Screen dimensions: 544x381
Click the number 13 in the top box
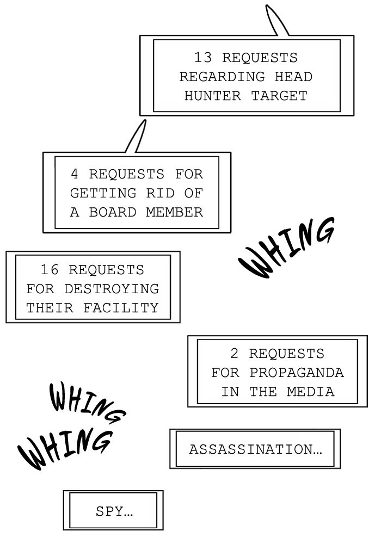point(202,57)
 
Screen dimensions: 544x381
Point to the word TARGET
point(279,96)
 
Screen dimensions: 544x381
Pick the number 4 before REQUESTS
point(75,174)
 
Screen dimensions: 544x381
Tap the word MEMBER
point(174,212)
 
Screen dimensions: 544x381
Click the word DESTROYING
point(112,289)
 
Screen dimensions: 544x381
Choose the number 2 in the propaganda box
point(235,354)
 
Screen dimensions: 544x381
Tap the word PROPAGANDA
point(297,373)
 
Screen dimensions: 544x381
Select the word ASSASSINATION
point(253,449)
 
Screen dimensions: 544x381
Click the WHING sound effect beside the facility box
point(287,248)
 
